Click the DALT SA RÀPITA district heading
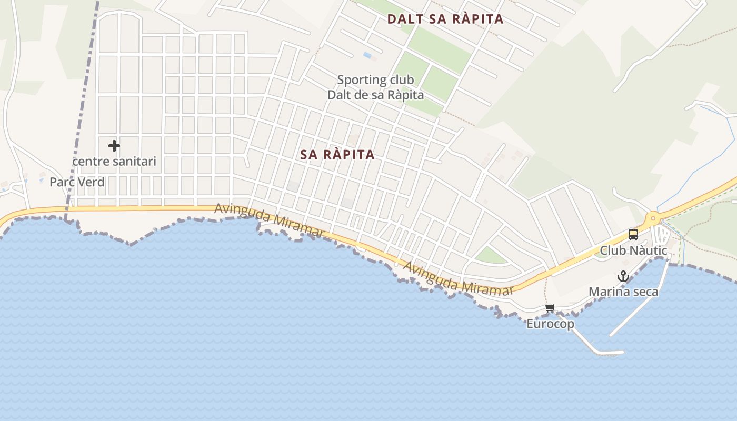point(445,19)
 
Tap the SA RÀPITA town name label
point(337,154)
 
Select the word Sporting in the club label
point(356,80)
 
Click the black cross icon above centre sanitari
point(114,146)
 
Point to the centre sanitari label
point(114,161)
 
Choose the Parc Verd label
point(77,182)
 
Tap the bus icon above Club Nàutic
point(633,235)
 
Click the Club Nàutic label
point(633,250)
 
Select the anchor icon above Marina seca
point(623,276)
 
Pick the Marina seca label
point(623,292)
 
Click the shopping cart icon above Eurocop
point(550,308)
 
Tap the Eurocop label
point(550,324)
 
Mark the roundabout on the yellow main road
point(653,217)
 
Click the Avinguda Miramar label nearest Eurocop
point(458,278)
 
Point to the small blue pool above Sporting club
point(367,55)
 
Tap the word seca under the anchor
point(644,292)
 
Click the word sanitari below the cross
point(134,161)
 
